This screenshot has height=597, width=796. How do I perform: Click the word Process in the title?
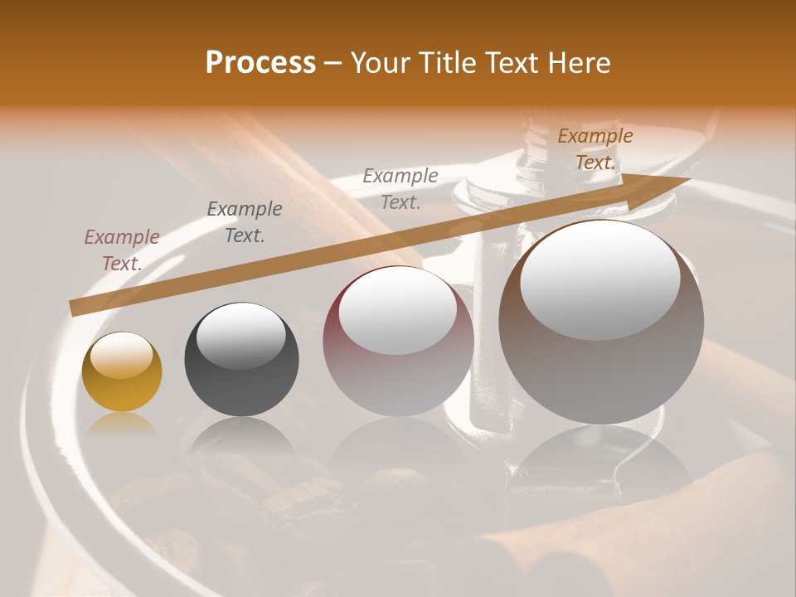[x=260, y=63]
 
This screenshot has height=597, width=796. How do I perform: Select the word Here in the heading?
[x=580, y=63]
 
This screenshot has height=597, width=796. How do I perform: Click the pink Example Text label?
[x=122, y=250]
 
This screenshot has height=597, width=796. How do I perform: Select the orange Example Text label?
[x=595, y=149]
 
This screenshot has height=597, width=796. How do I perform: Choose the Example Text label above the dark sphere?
[x=245, y=222]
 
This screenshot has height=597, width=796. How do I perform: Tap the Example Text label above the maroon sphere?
[x=400, y=188]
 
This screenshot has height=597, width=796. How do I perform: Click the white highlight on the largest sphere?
[x=599, y=280]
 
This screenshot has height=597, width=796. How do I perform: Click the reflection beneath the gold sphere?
[x=122, y=425]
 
